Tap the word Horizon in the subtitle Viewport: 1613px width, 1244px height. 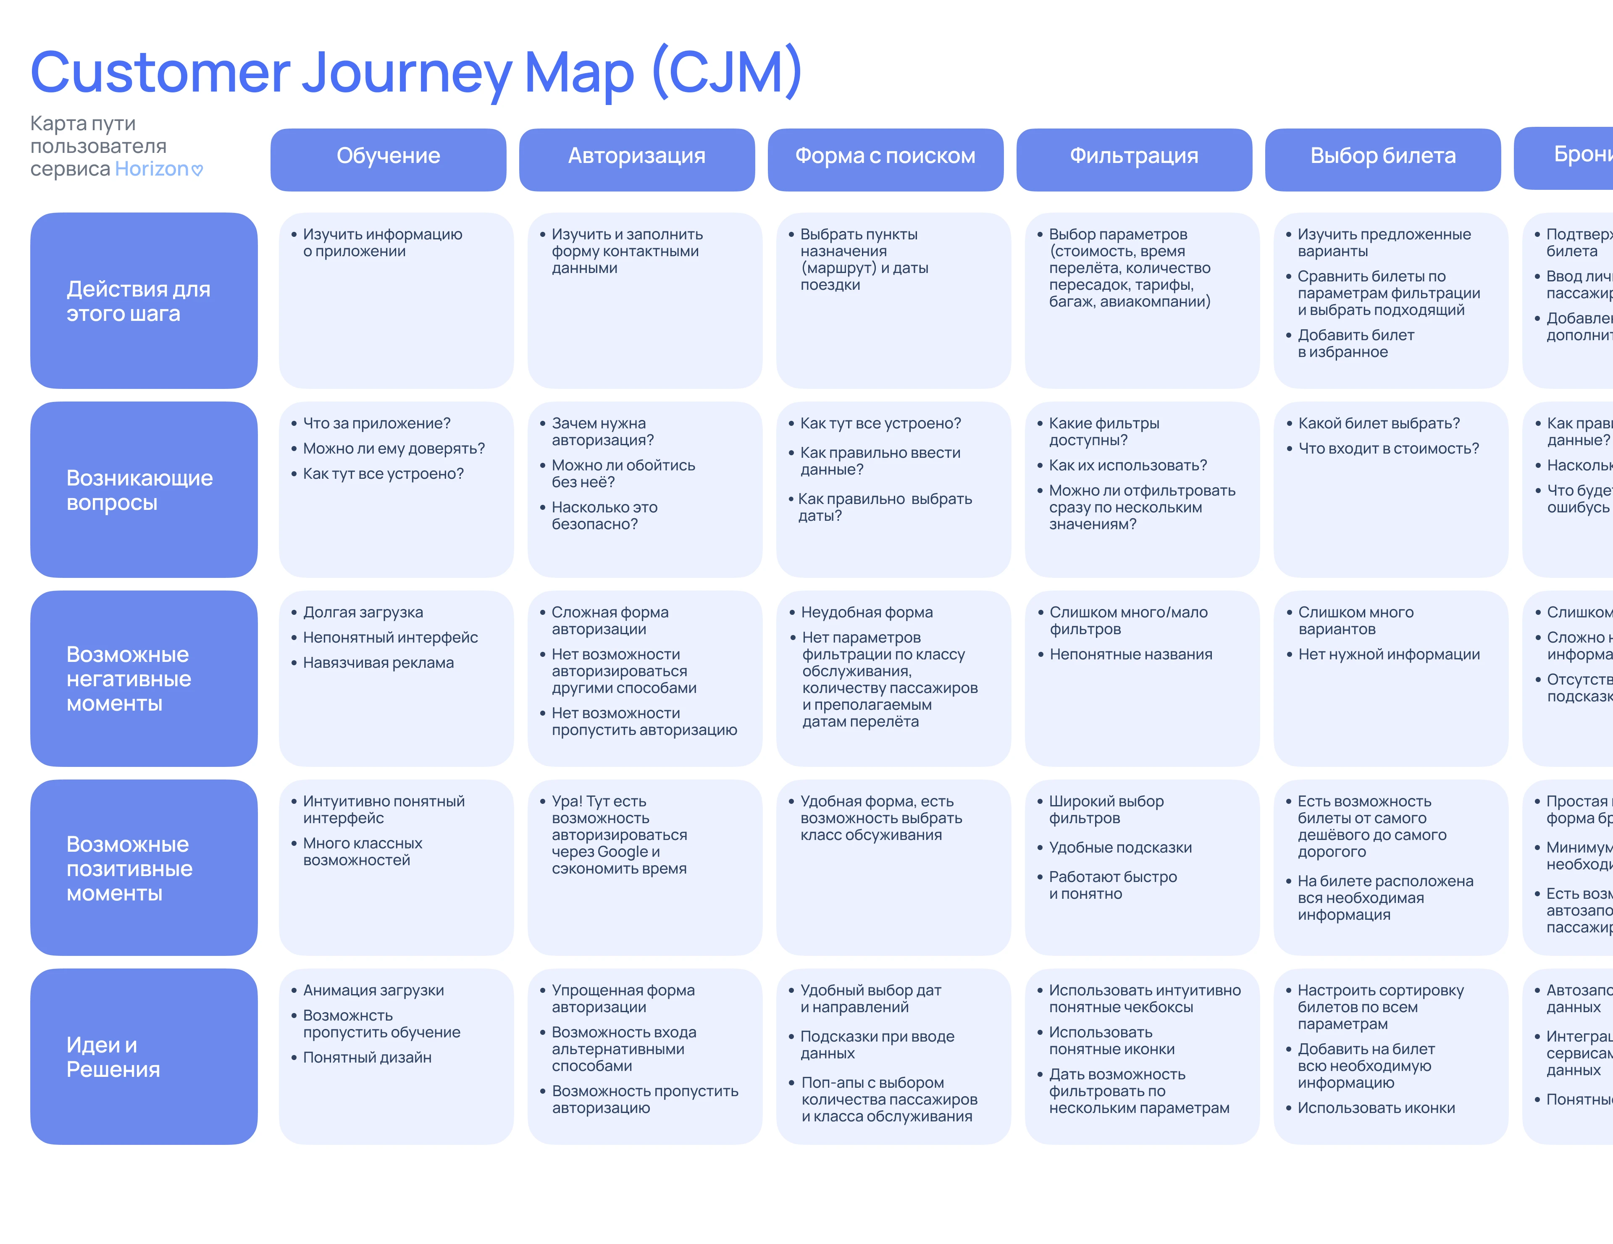click(151, 169)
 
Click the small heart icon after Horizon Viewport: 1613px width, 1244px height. click(197, 171)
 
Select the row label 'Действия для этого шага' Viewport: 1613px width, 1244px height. click(139, 301)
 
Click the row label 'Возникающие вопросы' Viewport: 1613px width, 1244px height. click(139, 490)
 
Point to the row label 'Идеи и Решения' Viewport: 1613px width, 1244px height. click(113, 1057)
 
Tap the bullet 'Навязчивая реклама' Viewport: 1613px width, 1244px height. click(378, 663)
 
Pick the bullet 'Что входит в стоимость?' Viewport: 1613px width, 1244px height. click(1388, 449)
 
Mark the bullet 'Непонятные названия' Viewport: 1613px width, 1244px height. click(1131, 655)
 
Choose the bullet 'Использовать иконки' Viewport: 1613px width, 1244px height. click(1376, 1108)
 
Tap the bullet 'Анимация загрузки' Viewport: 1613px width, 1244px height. click(373, 991)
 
